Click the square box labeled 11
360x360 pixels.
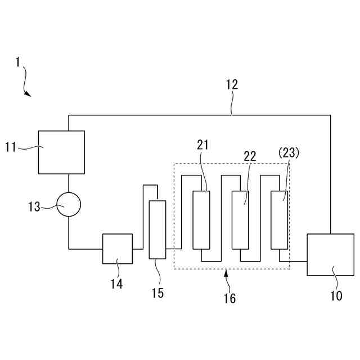(61, 152)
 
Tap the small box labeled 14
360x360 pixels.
(118, 249)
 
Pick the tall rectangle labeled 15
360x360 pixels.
(157, 229)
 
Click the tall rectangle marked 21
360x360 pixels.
(201, 219)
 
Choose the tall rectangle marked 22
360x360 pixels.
(240, 219)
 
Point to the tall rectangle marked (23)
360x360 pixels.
(279, 219)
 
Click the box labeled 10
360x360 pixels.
(330, 255)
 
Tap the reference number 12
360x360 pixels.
(232, 85)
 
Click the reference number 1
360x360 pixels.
(18, 62)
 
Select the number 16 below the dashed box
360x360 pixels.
(229, 298)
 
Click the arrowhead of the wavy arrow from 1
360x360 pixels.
(28, 94)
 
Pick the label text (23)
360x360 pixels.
(289, 152)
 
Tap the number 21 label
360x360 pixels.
(202, 145)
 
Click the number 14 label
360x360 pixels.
(116, 284)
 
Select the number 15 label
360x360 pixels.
(157, 293)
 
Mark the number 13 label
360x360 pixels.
(34, 207)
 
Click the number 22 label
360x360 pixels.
(249, 156)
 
